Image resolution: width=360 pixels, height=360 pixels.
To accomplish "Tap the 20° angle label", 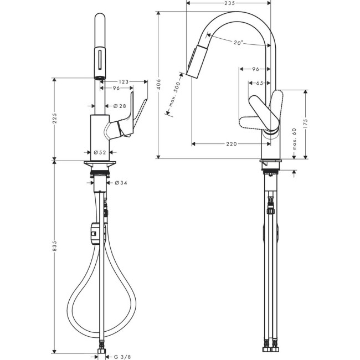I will pos(238,43).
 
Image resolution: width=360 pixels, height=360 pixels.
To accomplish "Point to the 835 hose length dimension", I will pos(54,250).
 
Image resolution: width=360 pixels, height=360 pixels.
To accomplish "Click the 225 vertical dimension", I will pos(54,119).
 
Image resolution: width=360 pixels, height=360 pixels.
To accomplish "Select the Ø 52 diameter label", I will pos(100,152).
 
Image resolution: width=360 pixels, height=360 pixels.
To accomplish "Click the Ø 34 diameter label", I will pos(121,182).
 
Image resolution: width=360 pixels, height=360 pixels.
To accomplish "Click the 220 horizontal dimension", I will pos(232,144).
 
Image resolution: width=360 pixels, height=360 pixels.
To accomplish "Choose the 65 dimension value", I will pos(260,83).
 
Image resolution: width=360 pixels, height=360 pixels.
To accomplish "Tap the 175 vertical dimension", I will pos(306,122).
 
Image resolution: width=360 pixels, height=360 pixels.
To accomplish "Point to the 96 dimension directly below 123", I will pos(116,89).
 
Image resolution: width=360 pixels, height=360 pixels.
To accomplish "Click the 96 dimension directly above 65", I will pos(256,69).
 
